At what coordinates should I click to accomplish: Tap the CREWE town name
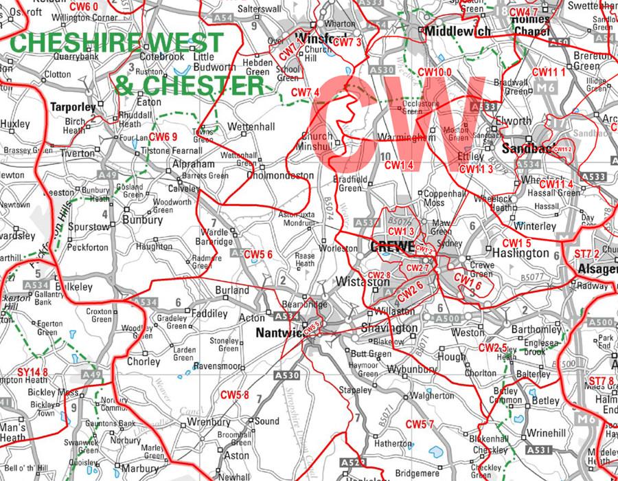[392, 245]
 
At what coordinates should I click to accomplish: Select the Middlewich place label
[457, 32]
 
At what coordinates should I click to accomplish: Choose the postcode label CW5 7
[420, 423]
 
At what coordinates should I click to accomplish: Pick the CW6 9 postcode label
[163, 136]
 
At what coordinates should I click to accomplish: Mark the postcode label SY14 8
[32, 372]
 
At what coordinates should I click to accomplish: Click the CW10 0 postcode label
[435, 72]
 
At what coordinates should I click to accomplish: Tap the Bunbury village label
[142, 221]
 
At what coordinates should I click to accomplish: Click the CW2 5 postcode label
[512, 348]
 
